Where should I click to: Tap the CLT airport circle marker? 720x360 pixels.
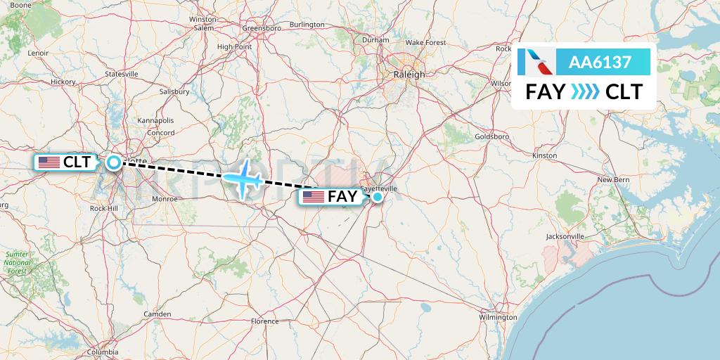coord(114,163)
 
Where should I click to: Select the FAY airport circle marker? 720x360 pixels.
coord(378,197)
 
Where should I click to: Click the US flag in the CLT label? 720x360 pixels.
coord(49,162)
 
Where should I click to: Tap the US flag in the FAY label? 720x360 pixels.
coord(314,197)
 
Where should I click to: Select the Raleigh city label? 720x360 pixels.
coord(410,75)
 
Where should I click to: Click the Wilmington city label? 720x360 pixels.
coord(498,317)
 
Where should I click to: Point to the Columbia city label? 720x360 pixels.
coord(103,352)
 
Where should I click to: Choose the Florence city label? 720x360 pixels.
coord(265,321)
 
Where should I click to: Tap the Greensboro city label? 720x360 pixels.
coord(262,28)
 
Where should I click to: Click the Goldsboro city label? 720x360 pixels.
coord(491,136)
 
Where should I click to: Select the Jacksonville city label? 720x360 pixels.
coord(565,237)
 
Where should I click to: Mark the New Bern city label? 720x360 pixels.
coord(613,180)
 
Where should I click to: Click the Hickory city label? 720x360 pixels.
coord(63,82)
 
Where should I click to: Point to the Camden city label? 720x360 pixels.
coord(157,314)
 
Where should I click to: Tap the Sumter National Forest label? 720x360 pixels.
coord(16,262)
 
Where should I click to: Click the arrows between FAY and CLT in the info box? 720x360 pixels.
coord(585,91)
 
